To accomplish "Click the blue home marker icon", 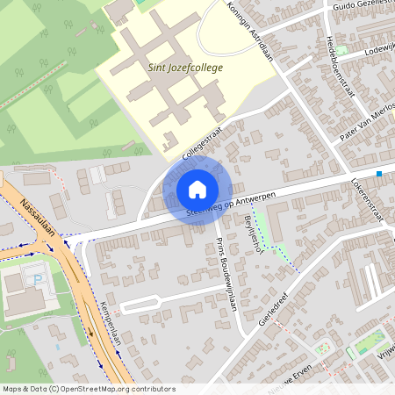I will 197,189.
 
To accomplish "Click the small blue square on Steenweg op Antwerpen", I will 379,174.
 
